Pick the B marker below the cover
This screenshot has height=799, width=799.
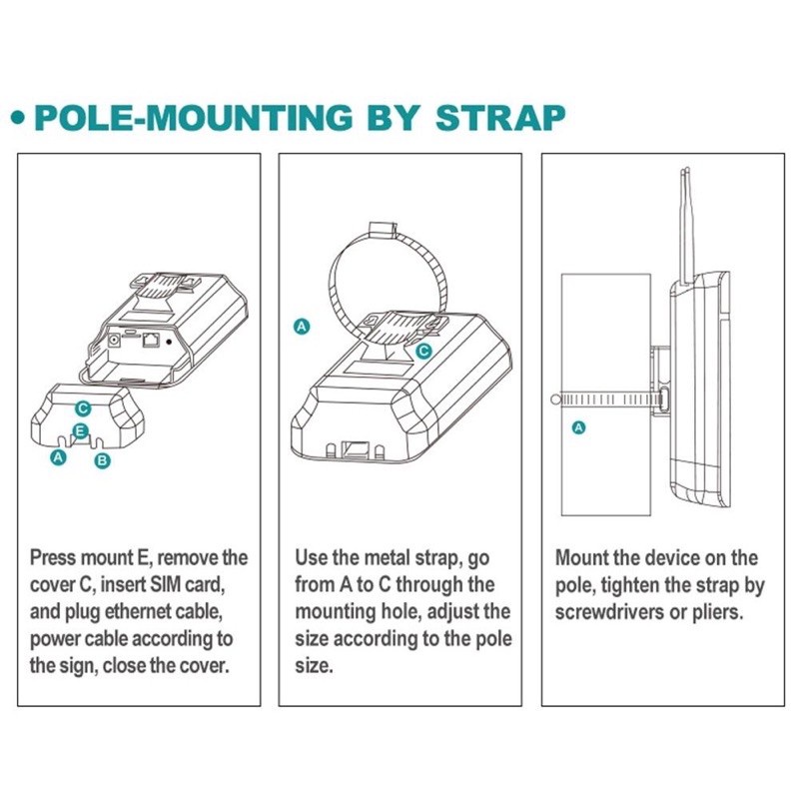100,460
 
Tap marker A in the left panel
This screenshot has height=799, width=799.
58,456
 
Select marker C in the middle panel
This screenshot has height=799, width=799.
423,351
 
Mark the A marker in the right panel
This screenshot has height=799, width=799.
577,426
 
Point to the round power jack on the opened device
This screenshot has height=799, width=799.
113,341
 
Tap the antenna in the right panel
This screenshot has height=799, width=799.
688,221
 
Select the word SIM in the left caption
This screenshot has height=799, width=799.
167,583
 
